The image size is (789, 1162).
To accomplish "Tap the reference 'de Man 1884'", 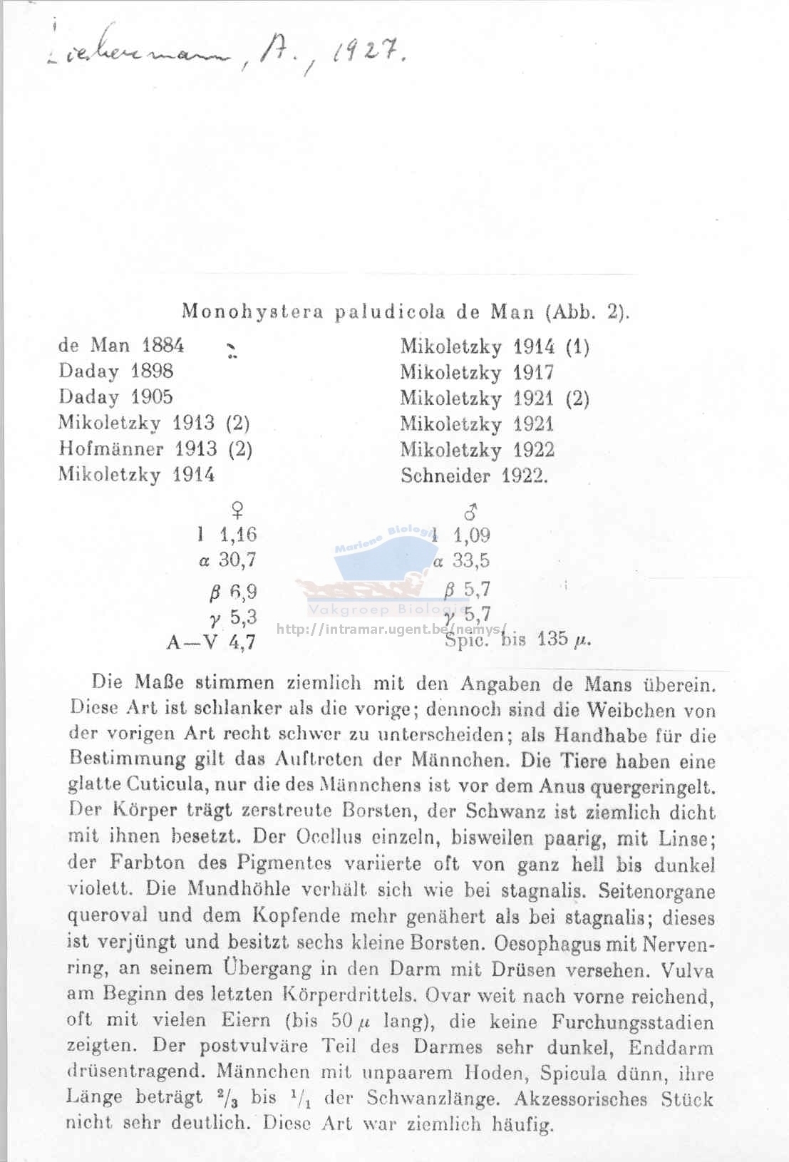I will pyautogui.click(x=121, y=346).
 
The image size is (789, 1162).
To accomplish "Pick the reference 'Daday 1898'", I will pyautogui.click(x=116, y=371).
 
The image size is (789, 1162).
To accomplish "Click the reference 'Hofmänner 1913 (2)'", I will pyautogui.click(x=155, y=449).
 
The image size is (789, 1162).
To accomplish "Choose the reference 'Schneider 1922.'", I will pyautogui.click(x=475, y=475).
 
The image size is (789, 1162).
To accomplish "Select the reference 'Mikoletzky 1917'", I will pyautogui.click(x=477, y=372).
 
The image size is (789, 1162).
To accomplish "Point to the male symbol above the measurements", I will pyautogui.click(x=470, y=511).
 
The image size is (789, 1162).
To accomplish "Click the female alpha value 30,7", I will pyautogui.click(x=237, y=560).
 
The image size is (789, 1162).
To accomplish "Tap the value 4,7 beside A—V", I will pyautogui.click(x=242, y=642).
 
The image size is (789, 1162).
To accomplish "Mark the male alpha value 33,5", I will pyautogui.click(x=471, y=561).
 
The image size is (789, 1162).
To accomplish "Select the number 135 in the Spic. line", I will pyautogui.click(x=552, y=639).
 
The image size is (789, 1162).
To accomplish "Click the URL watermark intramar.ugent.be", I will pyautogui.click(x=391, y=629).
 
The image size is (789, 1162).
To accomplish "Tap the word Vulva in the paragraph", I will pyautogui.click(x=687, y=970).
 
